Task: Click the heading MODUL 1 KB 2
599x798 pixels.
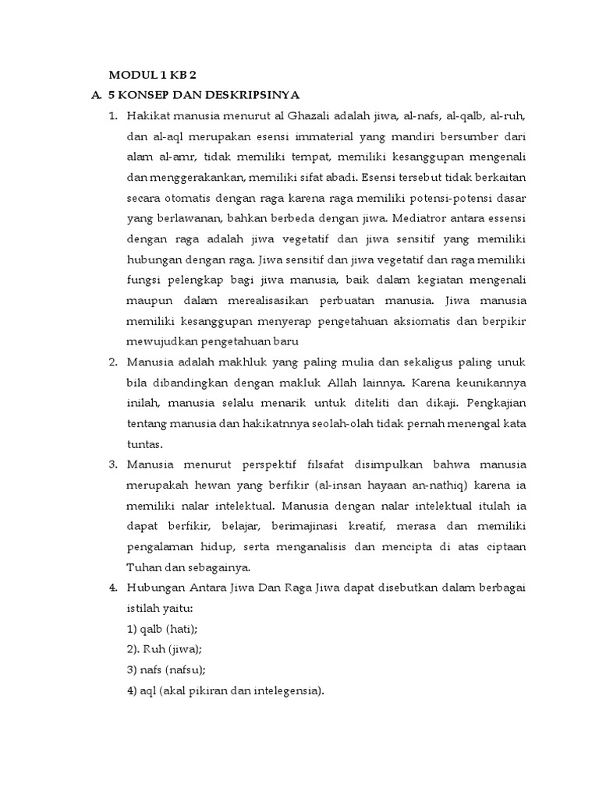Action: [152, 76]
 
